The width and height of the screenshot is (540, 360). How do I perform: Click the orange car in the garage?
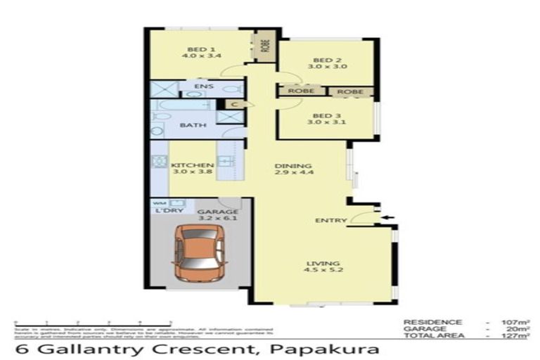(199, 250)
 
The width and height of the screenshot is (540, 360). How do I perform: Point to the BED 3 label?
(326, 116)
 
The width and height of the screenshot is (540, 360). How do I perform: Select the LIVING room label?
(319, 264)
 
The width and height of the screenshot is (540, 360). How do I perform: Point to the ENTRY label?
(330, 221)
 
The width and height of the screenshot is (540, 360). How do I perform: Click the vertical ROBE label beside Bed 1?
(265, 46)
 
